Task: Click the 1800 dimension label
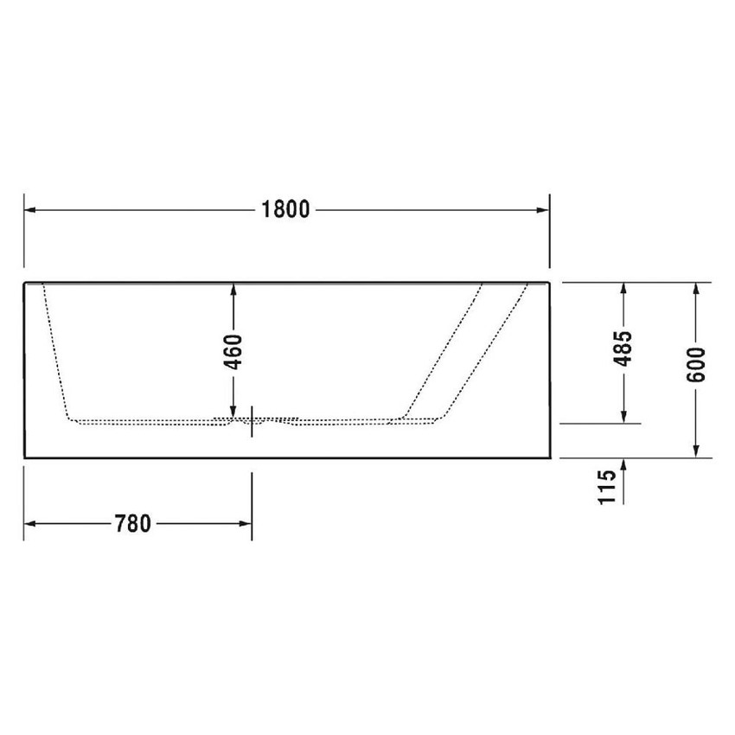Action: coord(285,210)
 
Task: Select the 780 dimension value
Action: coord(132,524)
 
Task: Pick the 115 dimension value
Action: coord(608,486)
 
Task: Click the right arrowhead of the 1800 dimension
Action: coord(543,210)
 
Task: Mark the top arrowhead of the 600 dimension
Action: coord(698,290)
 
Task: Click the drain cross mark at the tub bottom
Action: coord(252,421)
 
